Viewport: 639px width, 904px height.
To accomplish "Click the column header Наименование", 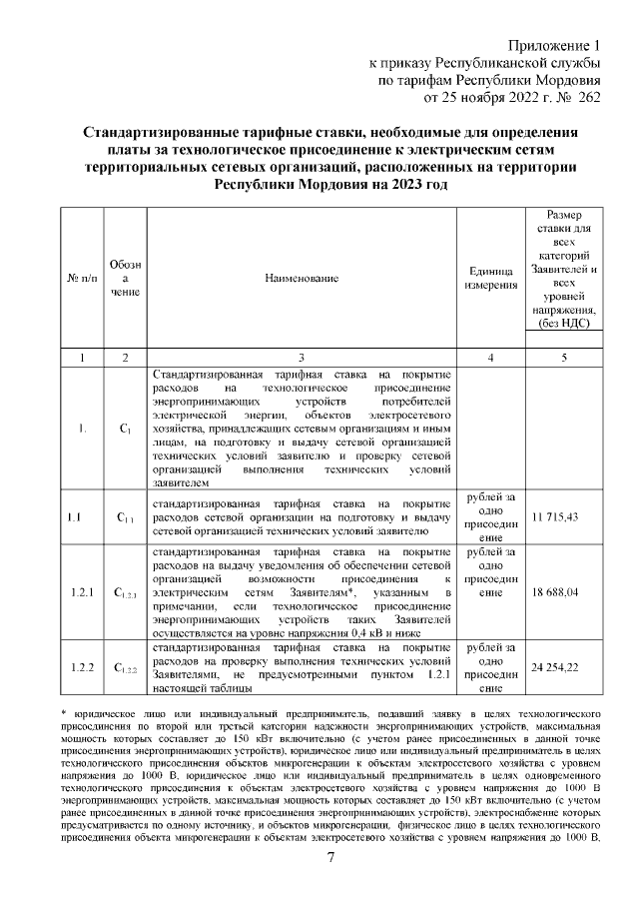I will tap(302, 277).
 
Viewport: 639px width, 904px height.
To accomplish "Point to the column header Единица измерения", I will tap(490, 277).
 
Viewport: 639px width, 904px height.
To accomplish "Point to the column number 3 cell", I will tap(302, 357).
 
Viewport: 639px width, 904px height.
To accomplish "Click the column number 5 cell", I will tap(563, 357).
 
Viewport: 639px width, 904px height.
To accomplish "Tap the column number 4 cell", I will tap(490, 357).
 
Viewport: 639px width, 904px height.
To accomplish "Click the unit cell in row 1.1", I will tap(490, 516).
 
